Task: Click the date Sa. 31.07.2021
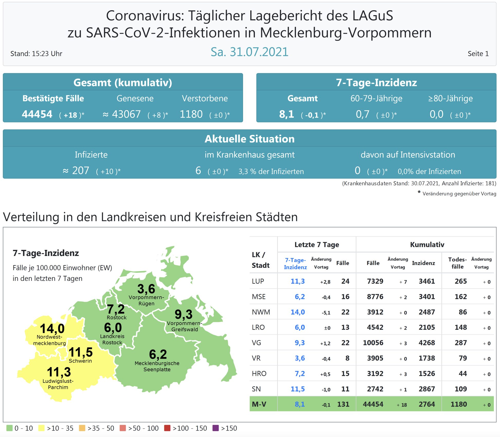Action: pyautogui.click(x=249, y=52)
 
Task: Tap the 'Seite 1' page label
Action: pyautogui.click(x=478, y=54)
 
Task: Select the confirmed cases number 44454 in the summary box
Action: pyautogui.click(x=37, y=114)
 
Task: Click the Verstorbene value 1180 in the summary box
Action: pyautogui.click(x=191, y=114)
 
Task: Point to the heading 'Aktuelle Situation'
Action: pyautogui.click(x=249, y=139)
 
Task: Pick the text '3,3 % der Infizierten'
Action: pyautogui.click(x=271, y=172)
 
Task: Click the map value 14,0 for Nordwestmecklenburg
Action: pyautogui.click(x=52, y=328)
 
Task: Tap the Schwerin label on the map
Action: pyautogui.click(x=80, y=361)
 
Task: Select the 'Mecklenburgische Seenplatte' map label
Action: pyautogui.click(x=157, y=366)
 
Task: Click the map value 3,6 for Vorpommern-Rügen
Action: pyautogui.click(x=146, y=289)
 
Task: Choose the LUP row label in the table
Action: pyautogui.click(x=258, y=281)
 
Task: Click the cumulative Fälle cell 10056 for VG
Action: pyautogui.click(x=373, y=343)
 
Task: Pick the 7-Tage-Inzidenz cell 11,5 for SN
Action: pyautogui.click(x=298, y=389)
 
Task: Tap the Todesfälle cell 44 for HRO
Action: pyautogui.click(x=462, y=374)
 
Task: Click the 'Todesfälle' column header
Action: pyautogui.click(x=457, y=263)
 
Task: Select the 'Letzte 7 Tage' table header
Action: pyautogui.click(x=317, y=245)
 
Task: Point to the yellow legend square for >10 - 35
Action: pyautogui.click(x=41, y=428)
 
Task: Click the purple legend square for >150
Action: pyautogui.click(x=216, y=428)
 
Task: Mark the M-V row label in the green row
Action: pyautogui.click(x=259, y=404)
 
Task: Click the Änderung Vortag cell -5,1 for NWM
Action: pyautogui.click(x=326, y=313)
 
